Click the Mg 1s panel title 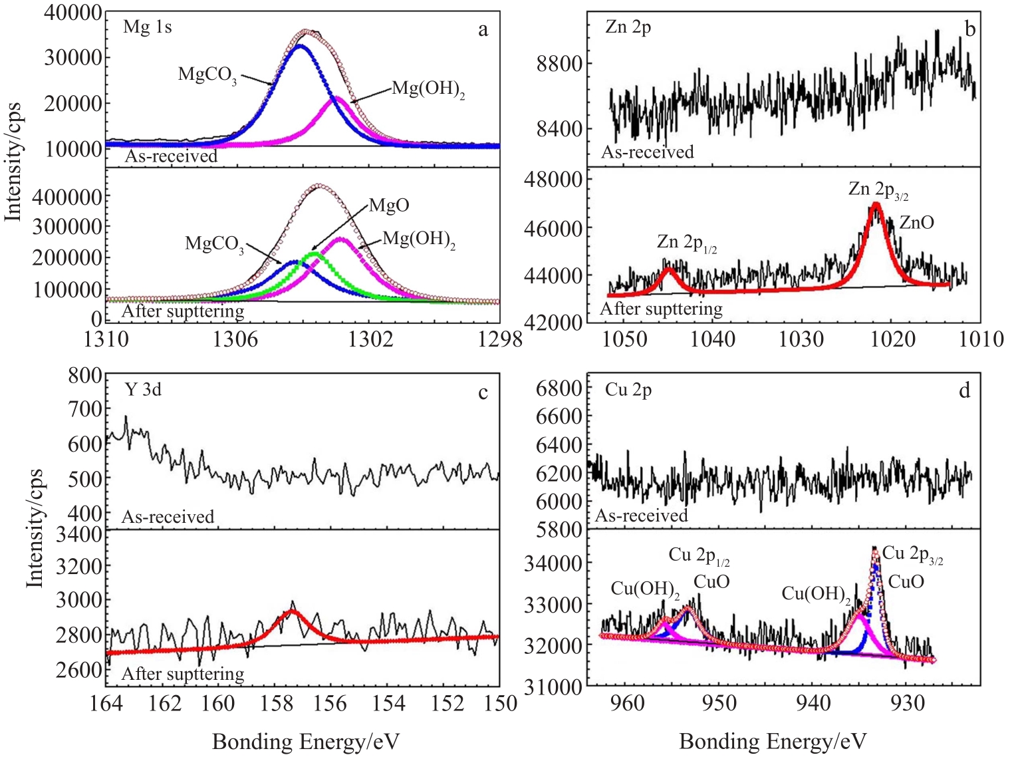point(148,27)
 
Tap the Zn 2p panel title point(628,27)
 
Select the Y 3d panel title point(143,389)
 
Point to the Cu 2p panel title point(628,389)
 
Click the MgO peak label point(389,205)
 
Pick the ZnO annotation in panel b point(916,223)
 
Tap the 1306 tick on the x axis point(235,339)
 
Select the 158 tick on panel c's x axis point(274,703)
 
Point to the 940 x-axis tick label point(814,703)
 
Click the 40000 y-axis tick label point(73,13)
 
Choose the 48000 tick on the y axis point(553,179)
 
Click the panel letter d point(964,390)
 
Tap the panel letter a point(483,29)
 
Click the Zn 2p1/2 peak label point(686,243)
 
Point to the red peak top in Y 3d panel point(291,610)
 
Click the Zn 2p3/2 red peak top point(876,205)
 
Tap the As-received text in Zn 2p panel point(647,152)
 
